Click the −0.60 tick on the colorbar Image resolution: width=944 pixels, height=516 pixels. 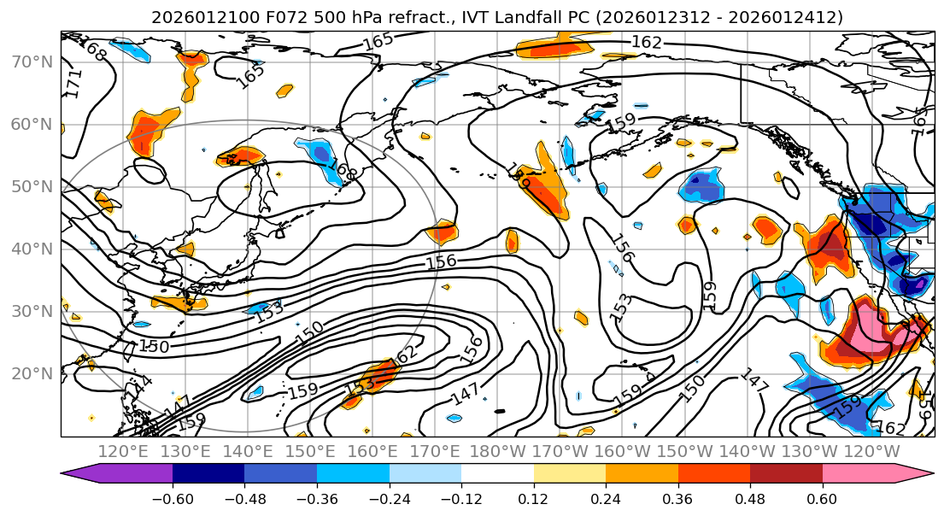click(173, 499)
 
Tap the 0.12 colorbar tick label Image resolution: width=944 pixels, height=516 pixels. click(534, 499)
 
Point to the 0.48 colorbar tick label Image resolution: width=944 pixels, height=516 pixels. click(750, 499)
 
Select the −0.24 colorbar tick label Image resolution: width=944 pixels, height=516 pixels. click(389, 499)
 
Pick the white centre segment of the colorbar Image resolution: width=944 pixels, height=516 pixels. click(497, 474)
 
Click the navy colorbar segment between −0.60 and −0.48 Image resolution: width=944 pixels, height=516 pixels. click(208, 474)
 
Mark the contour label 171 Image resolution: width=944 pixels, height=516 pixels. click(74, 84)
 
